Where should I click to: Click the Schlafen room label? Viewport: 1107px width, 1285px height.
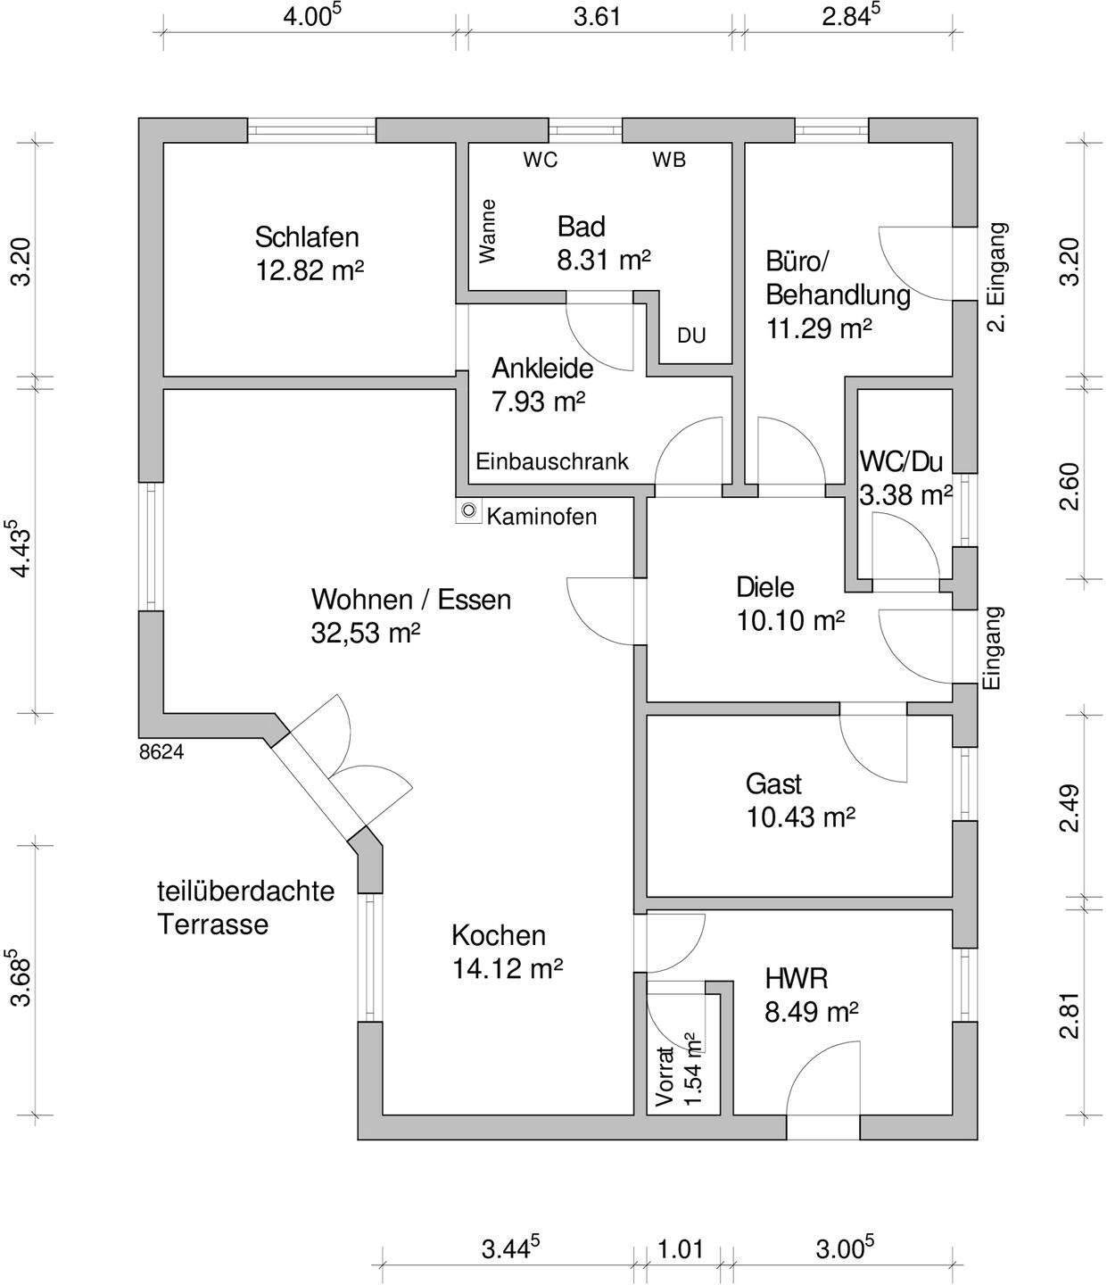coord(307,237)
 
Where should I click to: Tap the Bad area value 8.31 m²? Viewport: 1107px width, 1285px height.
coord(604,261)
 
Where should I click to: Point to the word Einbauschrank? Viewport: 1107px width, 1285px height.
coord(552,461)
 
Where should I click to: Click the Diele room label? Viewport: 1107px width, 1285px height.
coord(764,587)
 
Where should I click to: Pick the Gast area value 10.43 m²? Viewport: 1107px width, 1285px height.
coord(800,817)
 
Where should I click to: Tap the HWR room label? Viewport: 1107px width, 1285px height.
coord(796,978)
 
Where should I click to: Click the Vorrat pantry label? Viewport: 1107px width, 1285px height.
coord(664,1076)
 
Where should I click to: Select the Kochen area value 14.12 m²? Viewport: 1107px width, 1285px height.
coord(507,968)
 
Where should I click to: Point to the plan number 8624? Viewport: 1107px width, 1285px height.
coord(161,752)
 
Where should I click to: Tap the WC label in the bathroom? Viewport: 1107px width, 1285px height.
coord(541,160)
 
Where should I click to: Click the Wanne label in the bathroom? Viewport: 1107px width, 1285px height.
coord(487,230)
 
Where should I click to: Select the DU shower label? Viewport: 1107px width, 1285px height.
coord(691,336)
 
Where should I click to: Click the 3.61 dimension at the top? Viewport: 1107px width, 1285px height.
coord(596,17)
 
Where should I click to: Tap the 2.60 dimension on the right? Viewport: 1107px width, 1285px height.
coord(1070,486)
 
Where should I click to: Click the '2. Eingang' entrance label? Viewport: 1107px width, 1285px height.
coord(997,277)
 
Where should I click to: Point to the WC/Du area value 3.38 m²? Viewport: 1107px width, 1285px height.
coord(905,494)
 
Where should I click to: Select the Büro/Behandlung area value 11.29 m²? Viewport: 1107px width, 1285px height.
coord(818,328)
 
